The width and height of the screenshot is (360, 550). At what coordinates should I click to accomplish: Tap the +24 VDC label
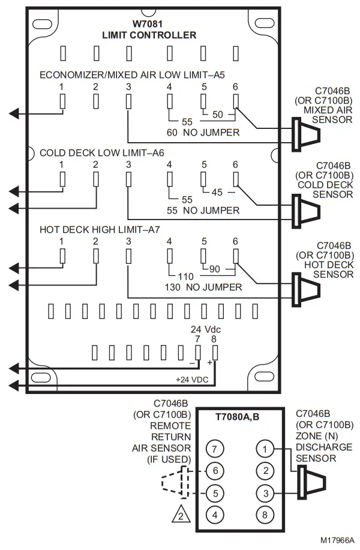tap(191, 380)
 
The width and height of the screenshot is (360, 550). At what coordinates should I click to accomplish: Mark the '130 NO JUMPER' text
tap(203, 287)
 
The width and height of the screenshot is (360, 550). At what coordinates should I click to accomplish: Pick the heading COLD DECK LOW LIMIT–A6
tap(101, 152)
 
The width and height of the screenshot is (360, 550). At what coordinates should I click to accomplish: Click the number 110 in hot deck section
tap(187, 276)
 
